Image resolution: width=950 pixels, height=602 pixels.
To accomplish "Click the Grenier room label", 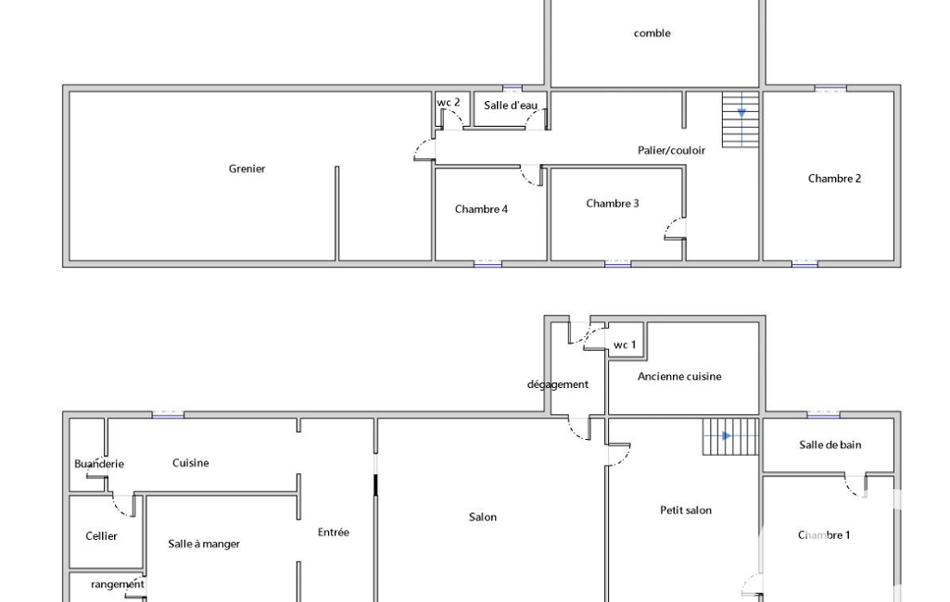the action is coord(247,169).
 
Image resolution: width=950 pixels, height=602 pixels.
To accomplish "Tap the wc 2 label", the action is coord(449,103).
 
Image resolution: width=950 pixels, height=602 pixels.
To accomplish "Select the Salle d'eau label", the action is coord(510,106).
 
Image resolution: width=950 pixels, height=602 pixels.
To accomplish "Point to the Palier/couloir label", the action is coord(671,150).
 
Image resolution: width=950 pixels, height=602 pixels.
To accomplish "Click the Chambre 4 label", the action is coord(481,209).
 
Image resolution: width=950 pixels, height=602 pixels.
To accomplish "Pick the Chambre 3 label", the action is coord(612,203).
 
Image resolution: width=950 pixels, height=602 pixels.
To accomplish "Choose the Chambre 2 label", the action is coord(834,178).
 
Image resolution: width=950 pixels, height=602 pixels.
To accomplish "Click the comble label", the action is coord(652,33).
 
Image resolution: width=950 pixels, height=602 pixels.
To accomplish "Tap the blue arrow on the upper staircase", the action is coord(741,113).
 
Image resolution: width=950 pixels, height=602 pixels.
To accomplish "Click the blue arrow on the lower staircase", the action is coord(727,436).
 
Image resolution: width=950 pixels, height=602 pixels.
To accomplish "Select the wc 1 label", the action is coord(625,345).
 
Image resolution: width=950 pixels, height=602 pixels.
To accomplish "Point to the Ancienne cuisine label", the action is coord(679,377).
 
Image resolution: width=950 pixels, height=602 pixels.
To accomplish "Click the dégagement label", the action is coord(557,384).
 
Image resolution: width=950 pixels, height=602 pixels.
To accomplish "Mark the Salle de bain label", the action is coord(830,445).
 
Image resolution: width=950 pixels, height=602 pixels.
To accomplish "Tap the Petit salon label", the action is coord(686,510).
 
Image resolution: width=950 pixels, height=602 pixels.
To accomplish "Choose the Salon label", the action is coord(483,517).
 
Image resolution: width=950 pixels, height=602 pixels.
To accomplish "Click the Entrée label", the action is coord(334,533).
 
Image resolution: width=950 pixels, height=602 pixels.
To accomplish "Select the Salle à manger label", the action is coord(204,544).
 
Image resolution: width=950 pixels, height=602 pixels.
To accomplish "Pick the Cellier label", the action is coord(101,536).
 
